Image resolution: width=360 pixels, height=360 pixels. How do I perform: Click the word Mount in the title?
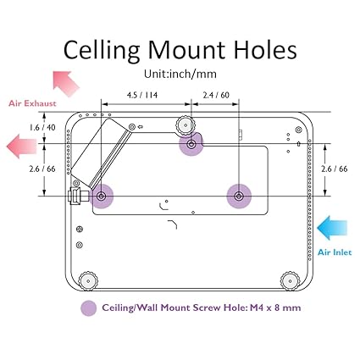coord(186,50)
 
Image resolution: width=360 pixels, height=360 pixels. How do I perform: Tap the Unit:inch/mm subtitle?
coord(180,74)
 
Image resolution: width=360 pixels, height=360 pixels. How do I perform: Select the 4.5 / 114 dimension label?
coord(142,95)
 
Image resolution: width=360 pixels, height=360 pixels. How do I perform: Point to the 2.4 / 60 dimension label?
coord(216,95)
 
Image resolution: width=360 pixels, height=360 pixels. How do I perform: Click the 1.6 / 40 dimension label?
coord(42,127)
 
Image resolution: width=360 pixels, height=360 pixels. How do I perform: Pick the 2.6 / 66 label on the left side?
coord(42,169)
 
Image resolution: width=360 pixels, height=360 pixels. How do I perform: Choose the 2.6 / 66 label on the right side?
coord(335,169)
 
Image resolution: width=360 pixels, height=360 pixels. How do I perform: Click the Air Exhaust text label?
coord(32,103)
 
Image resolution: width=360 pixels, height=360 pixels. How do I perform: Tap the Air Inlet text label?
coord(335,252)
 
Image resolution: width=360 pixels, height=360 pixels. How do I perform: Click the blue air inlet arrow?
coord(332,228)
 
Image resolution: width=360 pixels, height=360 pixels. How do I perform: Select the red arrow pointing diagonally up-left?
coord(66,83)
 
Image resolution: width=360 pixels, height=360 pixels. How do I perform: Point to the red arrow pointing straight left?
coord(21,147)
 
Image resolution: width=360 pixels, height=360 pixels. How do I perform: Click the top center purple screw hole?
coord(191,144)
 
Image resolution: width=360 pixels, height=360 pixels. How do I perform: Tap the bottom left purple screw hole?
coord(101,196)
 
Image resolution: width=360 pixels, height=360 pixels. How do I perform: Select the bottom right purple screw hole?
coord(239,196)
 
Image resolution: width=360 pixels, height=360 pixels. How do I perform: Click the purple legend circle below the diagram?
coord(89,307)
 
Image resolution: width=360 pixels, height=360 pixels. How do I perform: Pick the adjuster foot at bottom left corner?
coord(88,281)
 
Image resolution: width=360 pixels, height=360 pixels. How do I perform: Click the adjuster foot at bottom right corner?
coord(291,281)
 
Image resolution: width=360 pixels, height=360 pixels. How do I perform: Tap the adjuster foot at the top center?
coord(186,125)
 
